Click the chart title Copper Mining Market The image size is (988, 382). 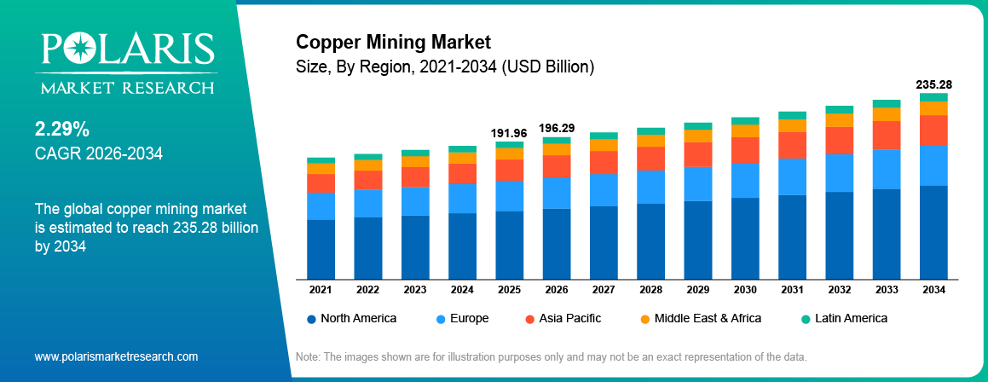click(393, 41)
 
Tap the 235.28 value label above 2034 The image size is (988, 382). click(933, 85)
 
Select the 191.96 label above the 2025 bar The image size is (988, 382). click(509, 133)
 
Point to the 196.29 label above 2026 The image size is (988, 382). click(557, 128)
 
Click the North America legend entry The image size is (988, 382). click(351, 318)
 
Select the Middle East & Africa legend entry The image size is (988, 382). click(699, 318)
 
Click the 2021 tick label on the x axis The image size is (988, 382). click(321, 290)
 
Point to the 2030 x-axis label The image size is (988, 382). click(745, 290)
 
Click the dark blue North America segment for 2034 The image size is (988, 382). click(933, 232)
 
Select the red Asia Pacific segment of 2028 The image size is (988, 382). click(650, 158)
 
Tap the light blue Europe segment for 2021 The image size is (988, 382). click(321, 205)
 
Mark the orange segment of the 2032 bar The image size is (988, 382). click(839, 120)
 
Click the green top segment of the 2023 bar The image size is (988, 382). click(415, 153)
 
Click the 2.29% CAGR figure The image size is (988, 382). click(61, 130)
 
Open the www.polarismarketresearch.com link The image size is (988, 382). click(116, 356)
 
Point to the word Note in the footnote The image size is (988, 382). click(308, 356)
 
